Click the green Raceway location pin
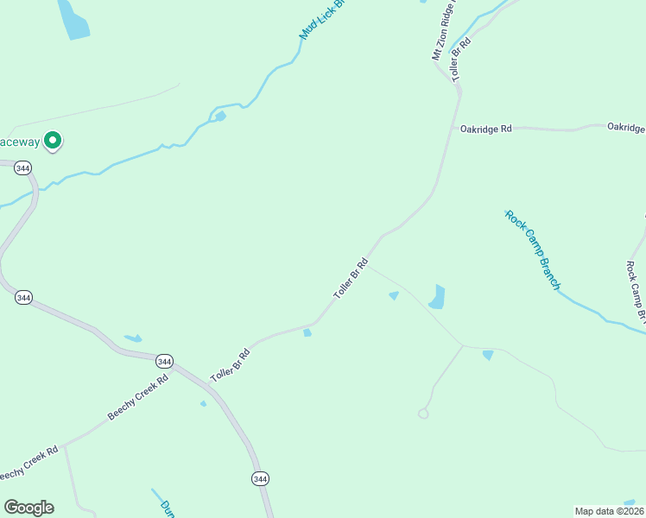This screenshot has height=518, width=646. (53, 140)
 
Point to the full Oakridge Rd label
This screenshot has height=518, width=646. (486, 129)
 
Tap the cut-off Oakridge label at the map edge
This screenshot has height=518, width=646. (625, 127)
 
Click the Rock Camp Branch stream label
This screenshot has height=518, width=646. (533, 250)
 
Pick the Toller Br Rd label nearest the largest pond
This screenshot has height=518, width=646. (351, 279)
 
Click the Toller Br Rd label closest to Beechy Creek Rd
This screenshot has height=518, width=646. (231, 365)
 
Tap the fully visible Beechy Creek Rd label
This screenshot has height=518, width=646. (138, 397)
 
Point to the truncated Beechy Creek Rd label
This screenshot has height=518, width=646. (28, 464)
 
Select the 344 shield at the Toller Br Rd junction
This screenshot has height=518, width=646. (164, 361)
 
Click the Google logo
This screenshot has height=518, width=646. (28, 508)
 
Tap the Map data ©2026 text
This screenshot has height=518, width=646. (610, 511)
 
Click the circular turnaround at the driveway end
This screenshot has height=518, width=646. (423, 414)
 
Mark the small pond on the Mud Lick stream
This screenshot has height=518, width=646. (219, 116)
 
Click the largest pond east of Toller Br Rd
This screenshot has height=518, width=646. (437, 297)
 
